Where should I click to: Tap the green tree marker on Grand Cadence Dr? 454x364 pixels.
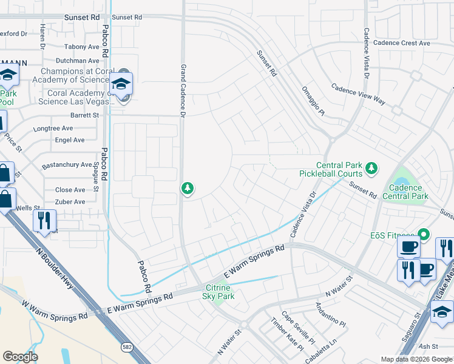188,189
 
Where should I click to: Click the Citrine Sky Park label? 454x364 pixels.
219,291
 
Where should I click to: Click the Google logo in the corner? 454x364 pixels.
20,357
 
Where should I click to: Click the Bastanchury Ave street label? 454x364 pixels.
67,165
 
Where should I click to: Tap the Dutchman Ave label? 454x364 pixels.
77,61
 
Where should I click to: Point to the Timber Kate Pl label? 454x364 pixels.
286,334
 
